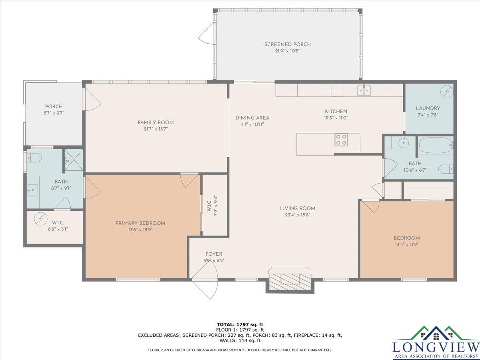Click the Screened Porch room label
[287, 44]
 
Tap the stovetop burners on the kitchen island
[341, 140]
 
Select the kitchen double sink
[364, 90]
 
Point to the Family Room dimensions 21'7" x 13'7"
[156, 129]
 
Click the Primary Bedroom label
[140, 223]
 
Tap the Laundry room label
[428, 108]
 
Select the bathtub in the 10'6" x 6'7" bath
[435, 145]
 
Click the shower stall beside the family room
[74, 160]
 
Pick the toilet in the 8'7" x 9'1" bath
[34, 158]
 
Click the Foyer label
[214, 254]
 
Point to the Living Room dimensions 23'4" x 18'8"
[298, 215]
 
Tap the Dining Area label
[252, 118]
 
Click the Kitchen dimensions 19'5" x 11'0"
[336, 118]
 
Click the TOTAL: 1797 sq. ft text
[240, 324]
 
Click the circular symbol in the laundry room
[446, 91]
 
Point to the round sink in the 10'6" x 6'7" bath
[404, 143]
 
